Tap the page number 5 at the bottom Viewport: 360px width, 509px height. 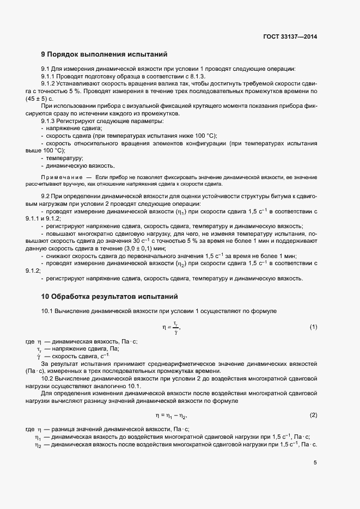315,463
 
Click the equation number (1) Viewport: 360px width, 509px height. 313,327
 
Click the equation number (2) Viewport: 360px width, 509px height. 313,415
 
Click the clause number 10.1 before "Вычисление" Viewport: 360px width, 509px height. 48,310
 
